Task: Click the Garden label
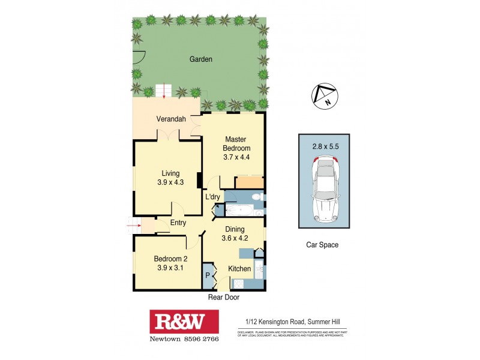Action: point(201,59)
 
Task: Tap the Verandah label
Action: point(169,119)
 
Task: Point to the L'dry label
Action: point(212,197)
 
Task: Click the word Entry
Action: point(178,223)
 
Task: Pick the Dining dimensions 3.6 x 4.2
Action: point(236,238)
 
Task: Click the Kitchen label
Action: point(239,269)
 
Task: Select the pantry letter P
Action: point(208,276)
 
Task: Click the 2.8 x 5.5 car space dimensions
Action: point(324,145)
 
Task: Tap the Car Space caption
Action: point(323,245)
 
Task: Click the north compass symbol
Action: point(323,96)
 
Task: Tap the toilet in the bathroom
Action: point(256,197)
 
